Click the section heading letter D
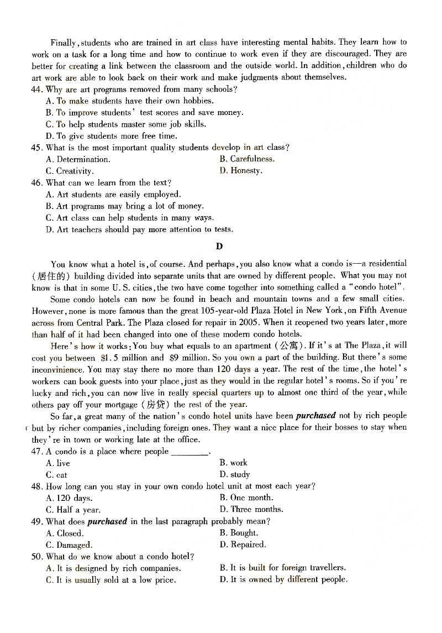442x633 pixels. [x=219, y=247]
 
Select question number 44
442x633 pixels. [x=38, y=89]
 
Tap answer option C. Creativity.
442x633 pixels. [x=70, y=171]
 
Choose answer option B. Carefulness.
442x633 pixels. [x=246, y=159]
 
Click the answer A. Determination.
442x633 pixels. [x=78, y=159]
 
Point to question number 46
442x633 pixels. [x=38, y=182]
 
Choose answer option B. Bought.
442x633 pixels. [x=239, y=533]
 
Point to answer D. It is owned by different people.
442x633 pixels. [x=283, y=579]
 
